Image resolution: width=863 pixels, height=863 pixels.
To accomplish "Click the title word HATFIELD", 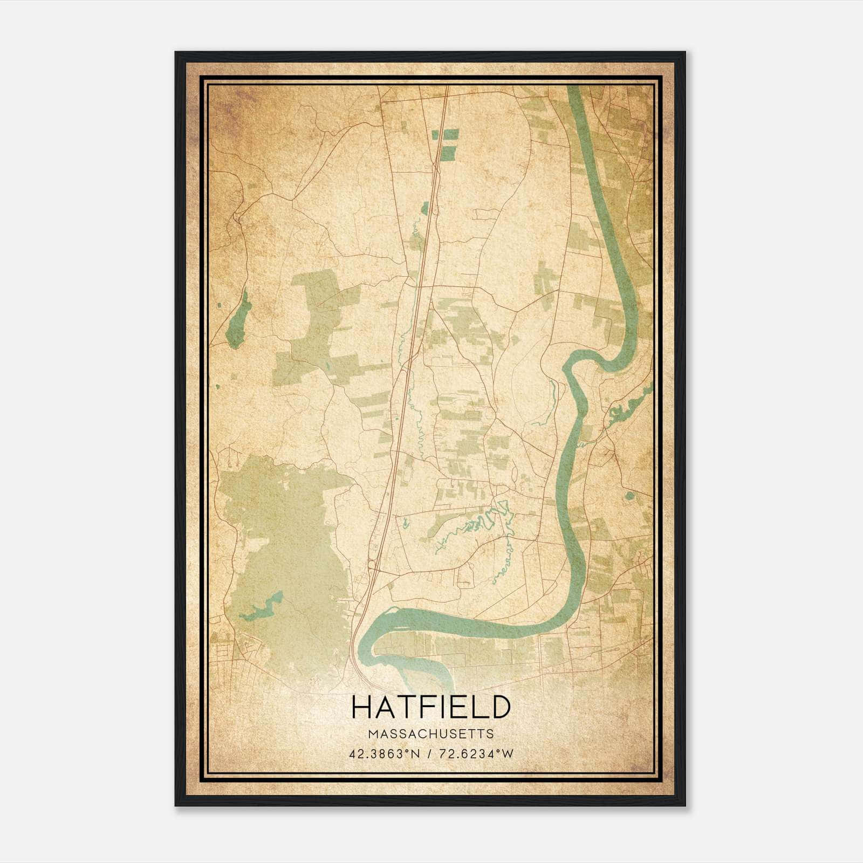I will coord(430,707).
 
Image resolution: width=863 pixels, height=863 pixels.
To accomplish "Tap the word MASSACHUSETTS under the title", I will coord(430,734).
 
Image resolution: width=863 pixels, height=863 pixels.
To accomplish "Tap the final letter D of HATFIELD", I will coord(501,707).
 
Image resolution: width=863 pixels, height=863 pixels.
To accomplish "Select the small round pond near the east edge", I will coord(629,495).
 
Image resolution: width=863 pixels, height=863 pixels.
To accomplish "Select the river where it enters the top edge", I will coord(575,92).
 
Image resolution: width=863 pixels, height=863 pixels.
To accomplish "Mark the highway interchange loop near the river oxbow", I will coord(372,565).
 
